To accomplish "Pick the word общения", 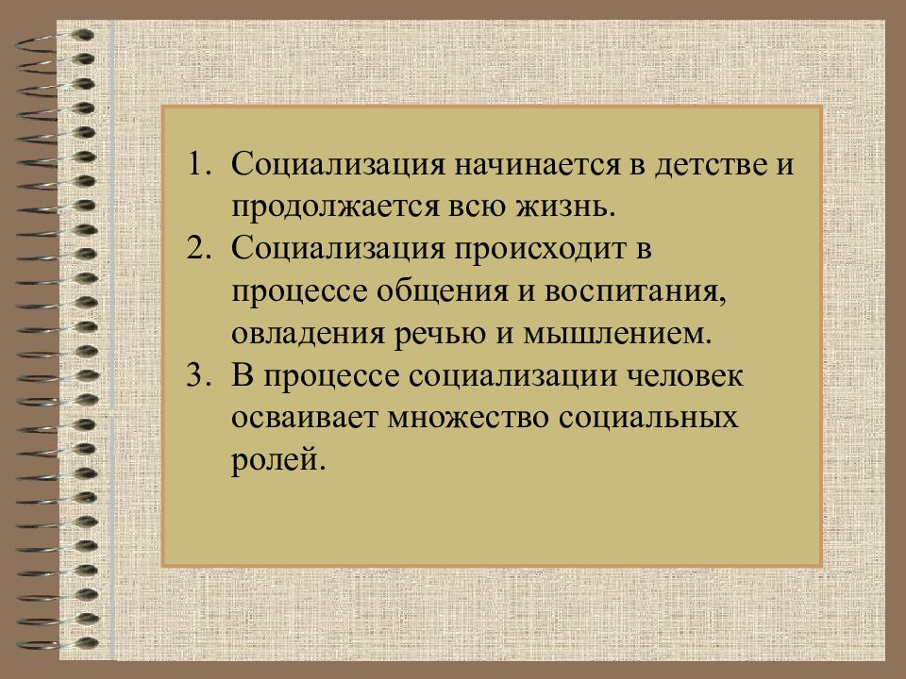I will pos(455,291).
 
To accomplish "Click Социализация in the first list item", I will pos(338,165).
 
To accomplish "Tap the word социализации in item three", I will pos(510,376).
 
